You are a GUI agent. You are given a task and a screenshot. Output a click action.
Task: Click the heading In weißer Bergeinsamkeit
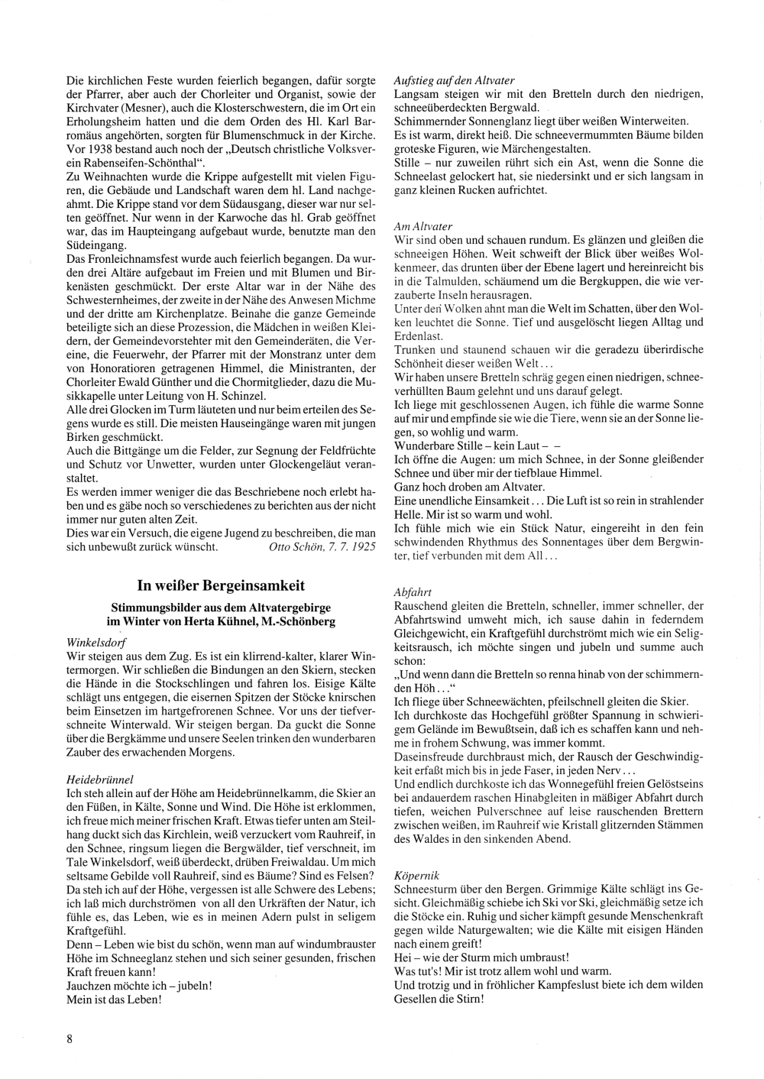tap(221, 586)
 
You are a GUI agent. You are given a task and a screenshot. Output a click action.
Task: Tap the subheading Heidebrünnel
tap(101, 779)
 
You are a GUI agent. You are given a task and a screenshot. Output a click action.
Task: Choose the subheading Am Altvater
tap(423, 226)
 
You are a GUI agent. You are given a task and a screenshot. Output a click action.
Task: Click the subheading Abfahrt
tap(414, 591)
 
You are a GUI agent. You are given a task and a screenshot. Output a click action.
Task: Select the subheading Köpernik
tap(417, 875)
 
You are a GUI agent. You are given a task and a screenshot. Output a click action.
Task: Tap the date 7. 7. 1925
tap(352, 547)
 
